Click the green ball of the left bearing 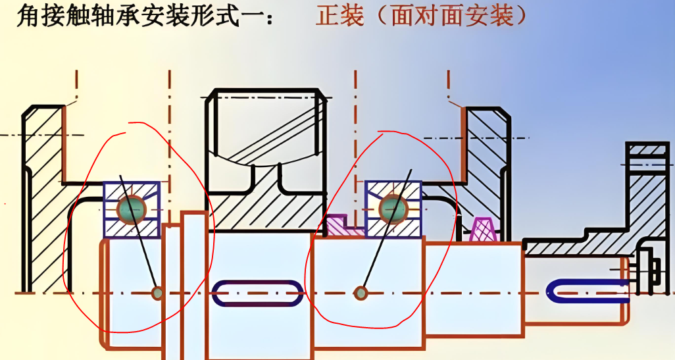point(131,209)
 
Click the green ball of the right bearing point(393,208)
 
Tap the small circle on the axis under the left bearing point(157,293)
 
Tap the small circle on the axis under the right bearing point(361,293)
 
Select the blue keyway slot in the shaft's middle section point(257,292)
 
